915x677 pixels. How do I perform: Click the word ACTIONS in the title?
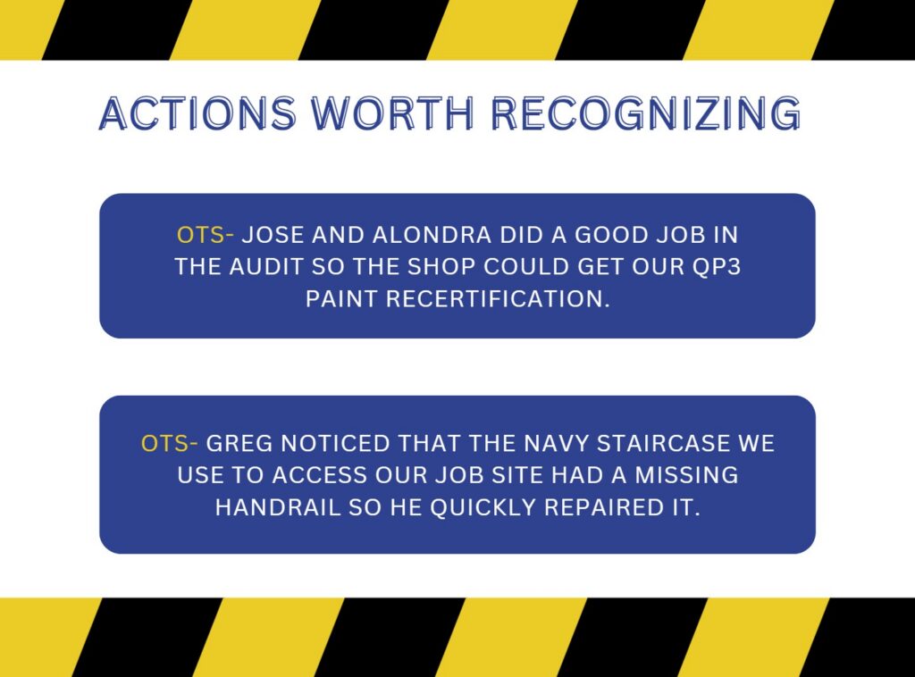pos(197,113)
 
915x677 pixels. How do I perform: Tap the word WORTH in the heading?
pos(392,113)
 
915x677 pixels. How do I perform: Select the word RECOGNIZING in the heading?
pos(645,113)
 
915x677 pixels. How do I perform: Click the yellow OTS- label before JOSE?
pos(206,235)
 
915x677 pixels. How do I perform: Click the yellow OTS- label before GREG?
pos(169,444)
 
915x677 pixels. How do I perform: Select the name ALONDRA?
pos(432,235)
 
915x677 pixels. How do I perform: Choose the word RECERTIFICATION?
pos(498,299)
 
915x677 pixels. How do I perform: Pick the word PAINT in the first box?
pos(341,299)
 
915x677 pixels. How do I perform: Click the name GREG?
pos(239,444)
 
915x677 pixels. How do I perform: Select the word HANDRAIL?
pos(278,508)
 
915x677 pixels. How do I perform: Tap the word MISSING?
pos(687,475)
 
